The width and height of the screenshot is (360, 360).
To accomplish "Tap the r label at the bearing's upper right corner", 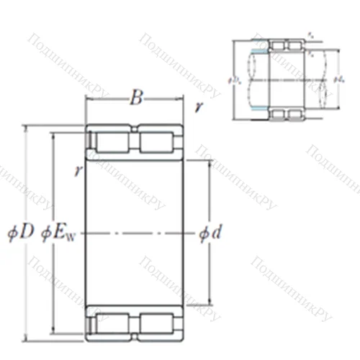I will (x=198, y=109).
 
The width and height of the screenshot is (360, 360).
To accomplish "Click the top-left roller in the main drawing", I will (x=112, y=140).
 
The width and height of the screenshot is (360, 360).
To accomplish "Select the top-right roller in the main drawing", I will (x=158, y=140).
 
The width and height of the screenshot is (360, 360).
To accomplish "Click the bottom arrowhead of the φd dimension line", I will (x=210, y=302).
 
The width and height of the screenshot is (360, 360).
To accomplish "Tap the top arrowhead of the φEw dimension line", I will (x=54, y=135).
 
